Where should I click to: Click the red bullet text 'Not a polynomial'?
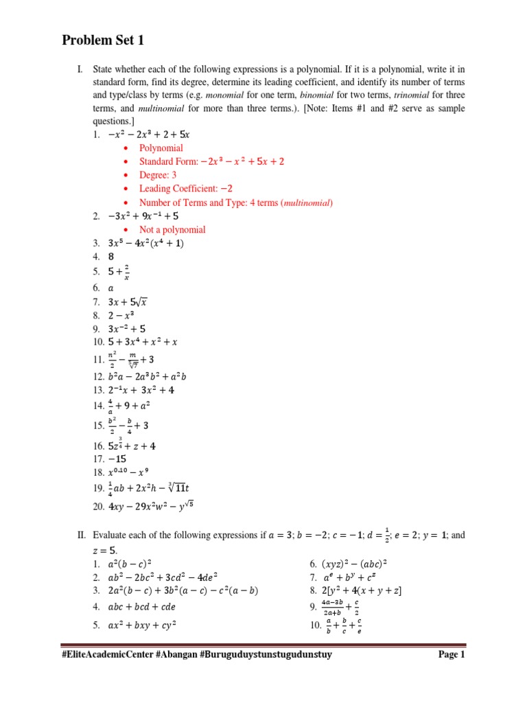[x=172, y=229]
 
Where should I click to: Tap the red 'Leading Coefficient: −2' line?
[x=186, y=189]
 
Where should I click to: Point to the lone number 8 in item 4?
[x=111, y=257]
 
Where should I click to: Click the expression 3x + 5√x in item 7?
[x=128, y=301]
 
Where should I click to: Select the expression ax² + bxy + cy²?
[x=143, y=625]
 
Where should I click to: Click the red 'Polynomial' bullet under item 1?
[x=161, y=148]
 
